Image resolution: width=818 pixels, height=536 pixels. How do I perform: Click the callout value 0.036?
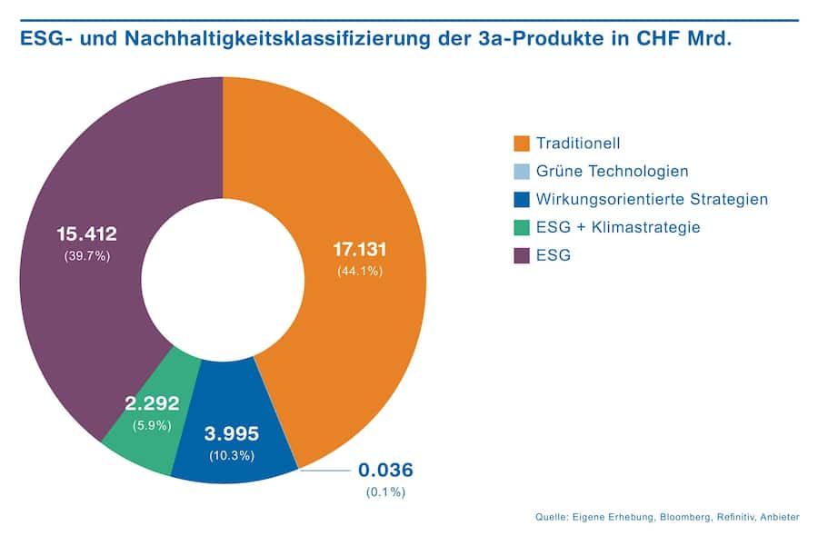tap(385, 471)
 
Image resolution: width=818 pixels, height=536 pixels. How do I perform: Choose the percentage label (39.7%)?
tap(86, 256)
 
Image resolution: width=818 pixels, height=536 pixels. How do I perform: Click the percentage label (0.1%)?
tap(385, 491)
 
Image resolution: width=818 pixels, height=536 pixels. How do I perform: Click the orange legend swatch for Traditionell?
tap(521, 144)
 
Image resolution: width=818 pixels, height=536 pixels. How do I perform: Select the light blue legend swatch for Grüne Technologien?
tap(521, 172)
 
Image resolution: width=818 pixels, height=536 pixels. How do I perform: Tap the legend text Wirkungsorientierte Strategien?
tap(652, 199)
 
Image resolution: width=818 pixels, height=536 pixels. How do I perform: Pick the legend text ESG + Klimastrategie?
tap(618, 227)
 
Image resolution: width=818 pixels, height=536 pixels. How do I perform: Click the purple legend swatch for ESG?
tap(521, 255)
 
